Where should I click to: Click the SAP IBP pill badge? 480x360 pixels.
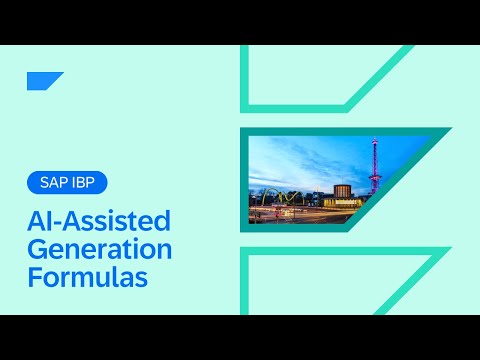point(67,183)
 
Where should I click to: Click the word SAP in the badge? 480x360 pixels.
point(55,183)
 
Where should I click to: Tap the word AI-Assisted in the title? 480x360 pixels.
point(98,221)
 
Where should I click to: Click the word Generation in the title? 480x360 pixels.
point(99,248)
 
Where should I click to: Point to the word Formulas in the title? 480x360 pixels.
point(87,275)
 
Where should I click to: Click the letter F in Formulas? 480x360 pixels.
point(34,275)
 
